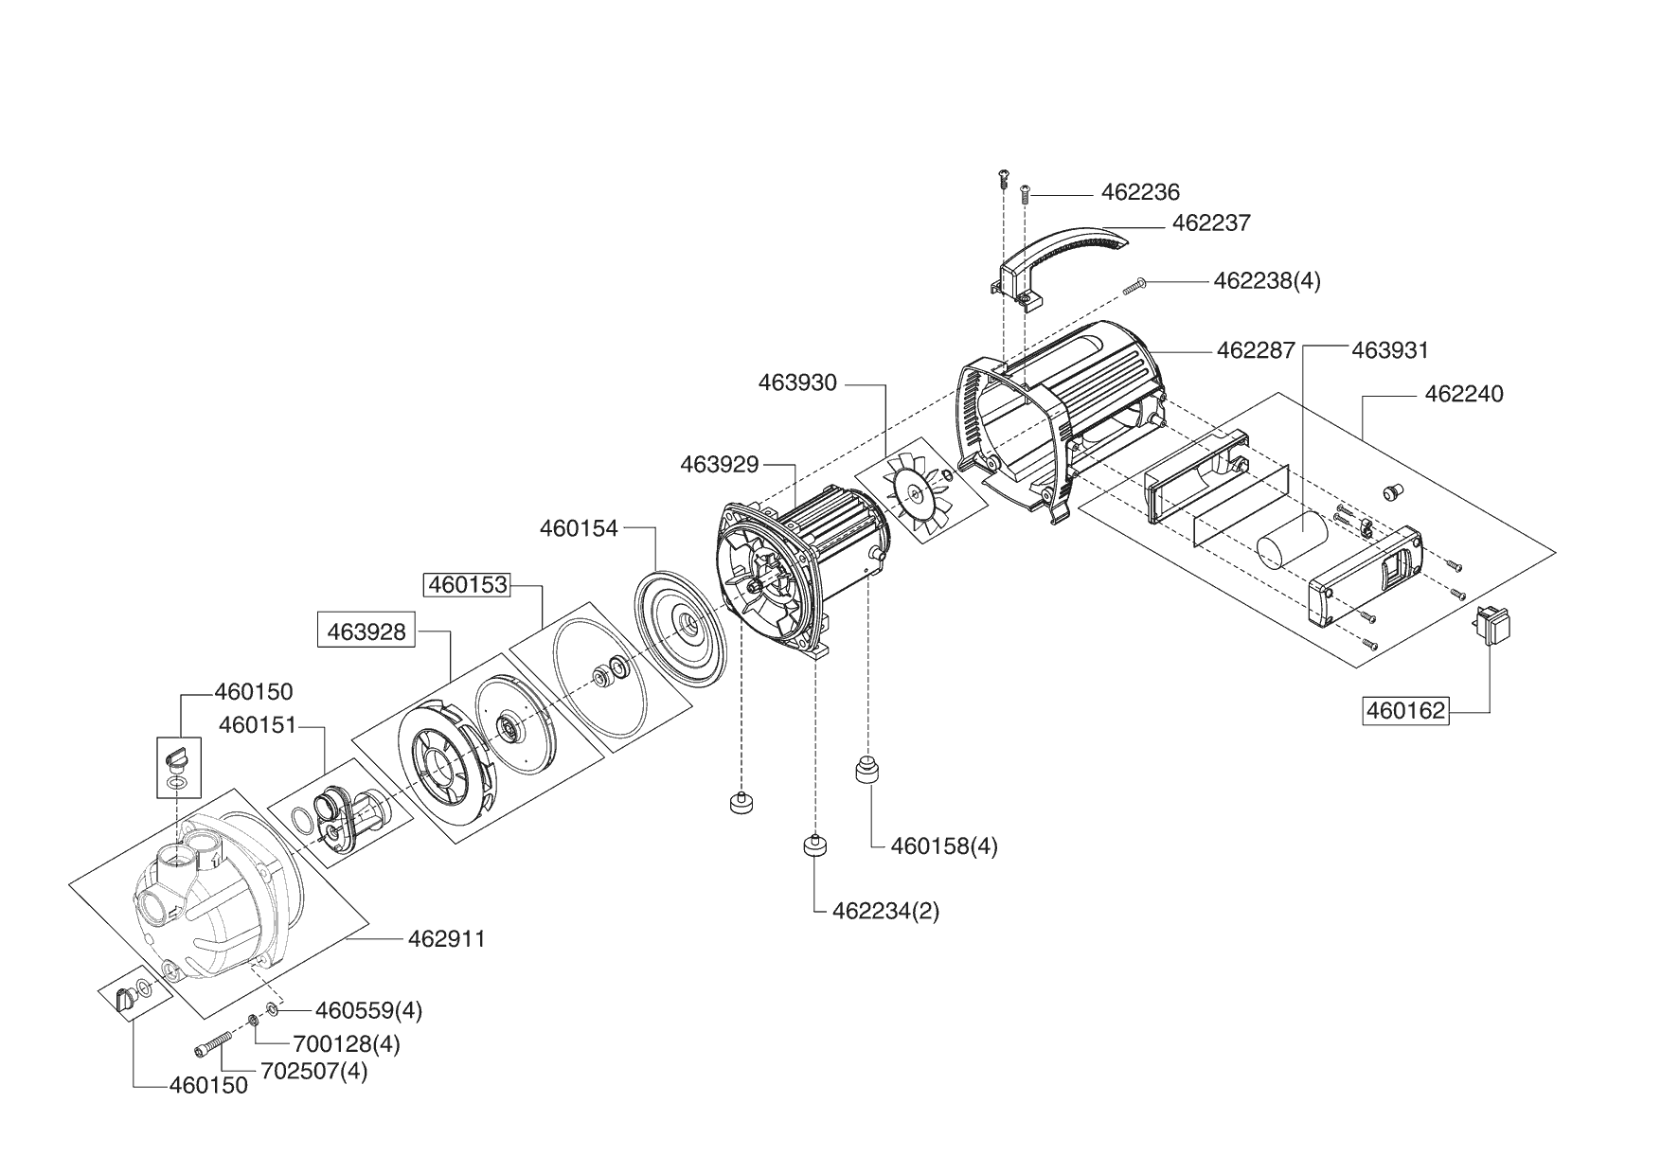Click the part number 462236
[x=1140, y=192]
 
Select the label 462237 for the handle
[x=1211, y=223]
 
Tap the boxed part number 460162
[x=1405, y=710]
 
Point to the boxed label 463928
[x=366, y=631]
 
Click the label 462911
[x=447, y=939]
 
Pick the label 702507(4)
[x=315, y=1073]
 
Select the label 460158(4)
[x=944, y=845]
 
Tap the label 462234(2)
[x=885, y=912]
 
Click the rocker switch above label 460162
[x=1491, y=628]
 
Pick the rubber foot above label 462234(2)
[x=815, y=845]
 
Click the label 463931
[x=1390, y=350]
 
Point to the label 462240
[x=1463, y=394]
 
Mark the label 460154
[x=579, y=528]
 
